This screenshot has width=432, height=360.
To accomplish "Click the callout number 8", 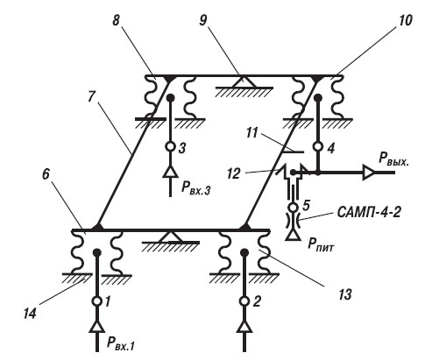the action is click(117, 20).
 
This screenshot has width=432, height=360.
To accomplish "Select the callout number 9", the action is click(203, 20).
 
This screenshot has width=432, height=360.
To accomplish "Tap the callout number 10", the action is click(405, 20).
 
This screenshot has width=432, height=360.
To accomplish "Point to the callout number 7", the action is click(91, 96).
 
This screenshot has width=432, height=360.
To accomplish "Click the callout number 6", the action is click(46, 174).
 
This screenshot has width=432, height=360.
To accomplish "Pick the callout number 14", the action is click(30, 314).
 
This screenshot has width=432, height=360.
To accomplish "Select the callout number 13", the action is click(344, 294).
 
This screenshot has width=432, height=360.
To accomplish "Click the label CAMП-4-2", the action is click(369, 212).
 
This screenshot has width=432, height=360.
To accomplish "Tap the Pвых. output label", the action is click(393, 159).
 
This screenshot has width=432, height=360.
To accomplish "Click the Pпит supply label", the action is click(321, 244).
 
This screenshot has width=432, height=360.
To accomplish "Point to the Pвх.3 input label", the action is click(195, 189).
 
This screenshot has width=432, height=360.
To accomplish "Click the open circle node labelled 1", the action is click(97, 300).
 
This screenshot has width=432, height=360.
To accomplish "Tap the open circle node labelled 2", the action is click(244, 300).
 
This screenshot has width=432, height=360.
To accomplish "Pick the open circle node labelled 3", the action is click(170, 146).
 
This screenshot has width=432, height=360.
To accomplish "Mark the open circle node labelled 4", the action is click(318, 146).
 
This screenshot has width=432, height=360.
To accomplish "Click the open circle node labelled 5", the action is click(293, 208).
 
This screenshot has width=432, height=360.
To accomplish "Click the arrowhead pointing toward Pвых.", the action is click(368, 173).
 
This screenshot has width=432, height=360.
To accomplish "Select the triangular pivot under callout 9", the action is click(244, 81).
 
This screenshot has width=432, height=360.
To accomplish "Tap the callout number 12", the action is click(234, 173).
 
